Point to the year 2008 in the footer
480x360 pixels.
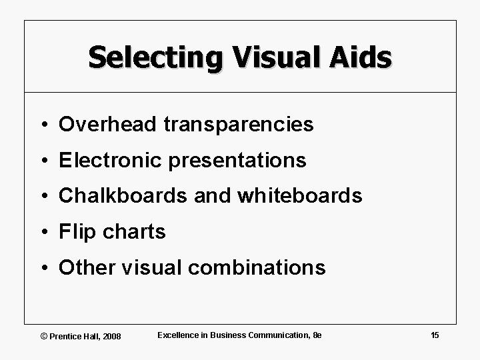click(x=111, y=336)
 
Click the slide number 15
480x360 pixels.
click(x=435, y=335)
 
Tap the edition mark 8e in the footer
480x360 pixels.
click(x=317, y=335)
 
